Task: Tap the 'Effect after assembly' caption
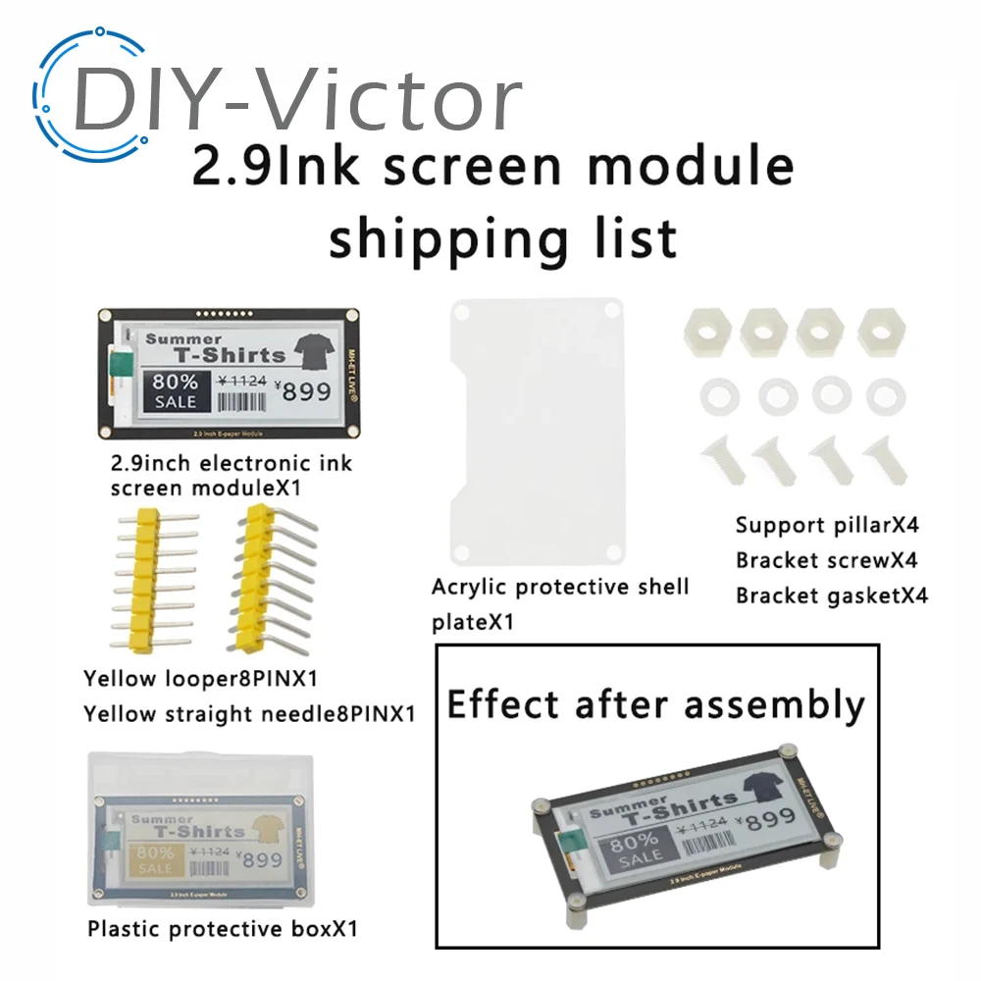[x=656, y=704]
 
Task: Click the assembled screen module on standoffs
[x=682, y=834]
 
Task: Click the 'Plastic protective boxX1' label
[x=220, y=927]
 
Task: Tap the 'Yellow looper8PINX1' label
[x=200, y=677]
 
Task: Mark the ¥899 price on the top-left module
[x=305, y=391]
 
